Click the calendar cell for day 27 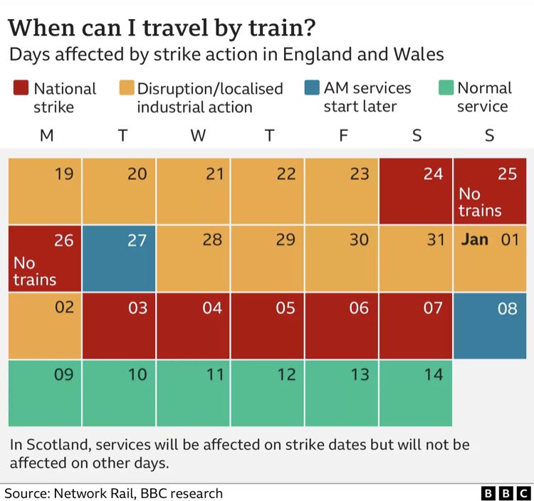click(119, 258)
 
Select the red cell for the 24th click(416, 191)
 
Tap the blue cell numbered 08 click(490, 326)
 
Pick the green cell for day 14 click(416, 393)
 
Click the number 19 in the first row click(64, 174)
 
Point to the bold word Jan click(474, 239)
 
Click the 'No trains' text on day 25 click(480, 202)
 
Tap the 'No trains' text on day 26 click(35, 271)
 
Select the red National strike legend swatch click(21, 88)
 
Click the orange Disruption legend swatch click(127, 88)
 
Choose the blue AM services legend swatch click(312, 88)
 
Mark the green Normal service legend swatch click(446, 88)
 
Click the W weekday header click(198, 135)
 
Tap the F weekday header click(343, 135)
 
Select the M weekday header click(47, 135)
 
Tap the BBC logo click(506, 493)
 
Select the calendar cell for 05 click(267, 326)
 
